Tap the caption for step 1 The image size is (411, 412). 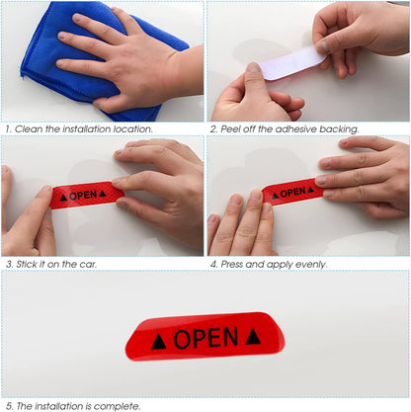tap(79, 128)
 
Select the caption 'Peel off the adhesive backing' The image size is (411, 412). tap(287, 128)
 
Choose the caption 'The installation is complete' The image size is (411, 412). tap(74, 404)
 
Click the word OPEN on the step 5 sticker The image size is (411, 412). tap(205, 339)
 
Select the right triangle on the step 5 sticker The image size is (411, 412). tap(253, 337)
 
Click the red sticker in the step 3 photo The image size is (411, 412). tap(84, 196)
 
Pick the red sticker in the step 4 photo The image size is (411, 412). tap(291, 192)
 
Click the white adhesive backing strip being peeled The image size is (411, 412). tap(287, 65)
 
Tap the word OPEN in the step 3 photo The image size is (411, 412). tap(83, 196)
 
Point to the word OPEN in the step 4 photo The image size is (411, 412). tap(292, 193)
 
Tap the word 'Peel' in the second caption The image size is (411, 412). tap(229, 128)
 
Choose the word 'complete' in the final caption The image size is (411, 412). tap(119, 404)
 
